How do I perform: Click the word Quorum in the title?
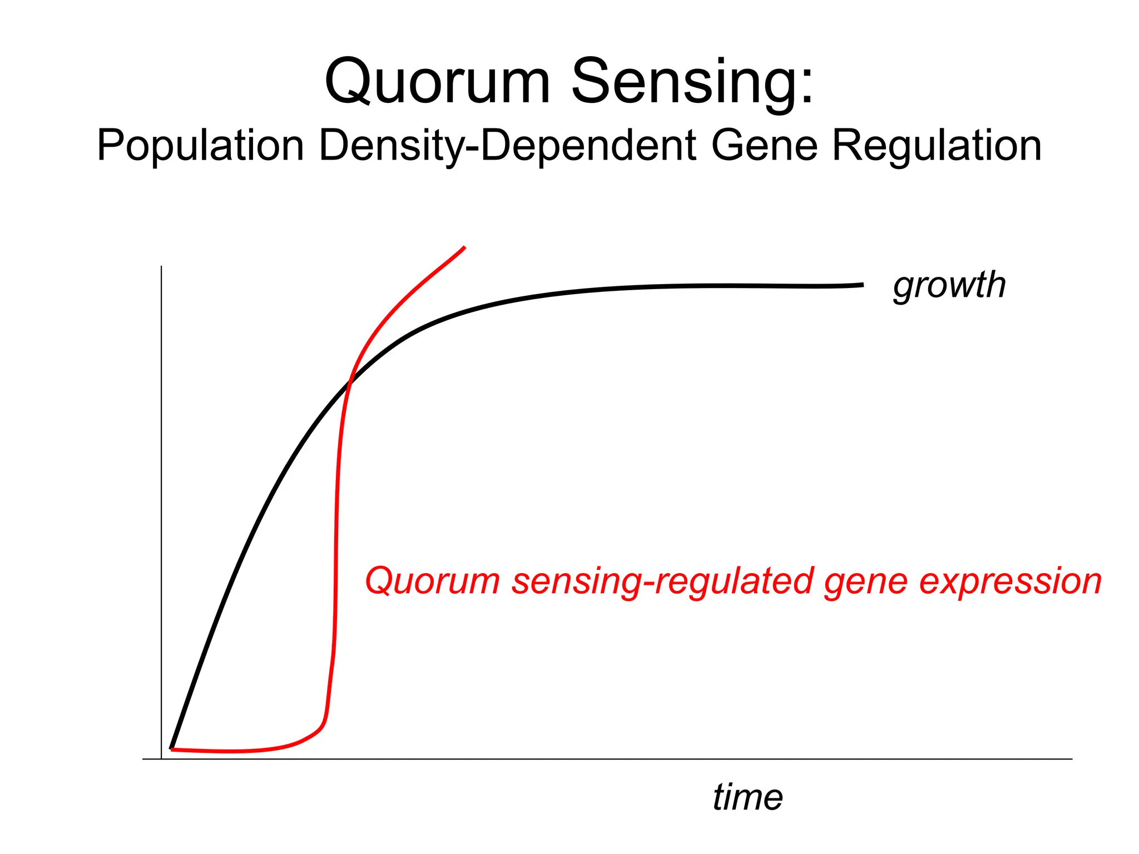click(x=437, y=82)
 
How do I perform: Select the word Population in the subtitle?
click(x=200, y=146)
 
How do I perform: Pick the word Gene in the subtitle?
click(x=764, y=146)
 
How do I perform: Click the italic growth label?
click(x=949, y=286)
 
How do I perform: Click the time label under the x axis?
click(x=747, y=797)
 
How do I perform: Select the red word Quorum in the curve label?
click(x=432, y=581)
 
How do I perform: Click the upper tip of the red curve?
click(x=464, y=247)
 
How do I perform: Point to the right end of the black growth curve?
click(x=863, y=285)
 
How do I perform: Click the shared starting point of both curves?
click(x=172, y=749)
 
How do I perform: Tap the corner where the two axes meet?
click(x=161, y=759)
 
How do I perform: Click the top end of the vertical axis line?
click(x=161, y=267)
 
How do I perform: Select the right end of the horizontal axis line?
click(x=1071, y=759)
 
